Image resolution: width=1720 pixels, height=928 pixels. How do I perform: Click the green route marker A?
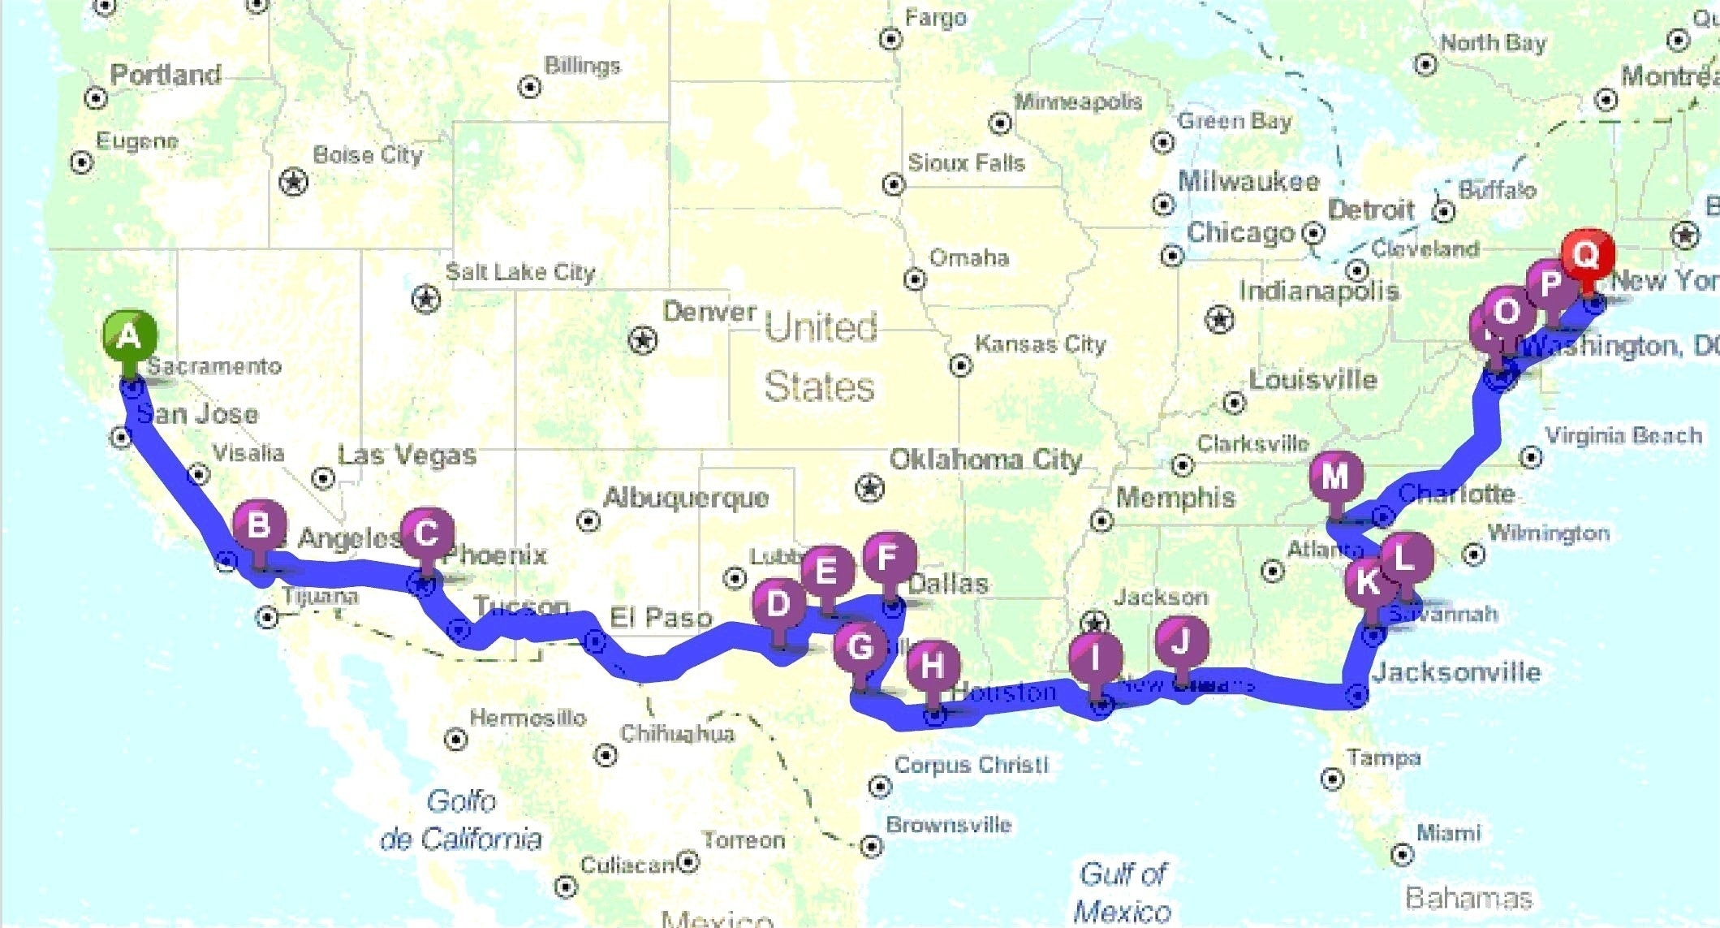(129, 335)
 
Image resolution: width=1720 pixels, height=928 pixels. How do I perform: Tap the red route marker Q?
(1585, 254)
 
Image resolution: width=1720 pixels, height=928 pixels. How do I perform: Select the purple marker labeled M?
(1335, 477)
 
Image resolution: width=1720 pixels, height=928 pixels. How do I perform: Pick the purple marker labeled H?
(933, 666)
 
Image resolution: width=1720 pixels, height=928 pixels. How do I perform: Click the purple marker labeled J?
(1181, 642)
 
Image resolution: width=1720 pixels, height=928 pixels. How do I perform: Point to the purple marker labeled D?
(778, 603)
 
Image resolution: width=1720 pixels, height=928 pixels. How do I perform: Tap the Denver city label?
(709, 311)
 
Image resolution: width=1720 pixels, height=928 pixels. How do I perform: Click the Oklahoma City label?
(985, 460)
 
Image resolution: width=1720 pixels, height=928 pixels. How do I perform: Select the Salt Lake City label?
(520, 272)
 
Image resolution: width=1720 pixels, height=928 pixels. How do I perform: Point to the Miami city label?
(1448, 833)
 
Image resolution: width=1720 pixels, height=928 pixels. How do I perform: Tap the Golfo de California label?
(461, 819)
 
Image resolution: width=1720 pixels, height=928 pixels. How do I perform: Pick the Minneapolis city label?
(1078, 101)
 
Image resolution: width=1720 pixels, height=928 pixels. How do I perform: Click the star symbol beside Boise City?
(293, 181)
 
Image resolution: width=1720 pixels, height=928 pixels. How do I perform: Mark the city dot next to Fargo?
(890, 38)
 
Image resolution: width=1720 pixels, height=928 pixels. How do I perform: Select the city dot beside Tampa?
(1331, 779)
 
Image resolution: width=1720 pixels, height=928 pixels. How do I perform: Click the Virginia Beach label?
(1623, 436)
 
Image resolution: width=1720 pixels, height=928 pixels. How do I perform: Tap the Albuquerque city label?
(686, 497)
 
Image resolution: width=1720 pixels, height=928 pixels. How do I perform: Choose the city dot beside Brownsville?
(871, 846)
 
